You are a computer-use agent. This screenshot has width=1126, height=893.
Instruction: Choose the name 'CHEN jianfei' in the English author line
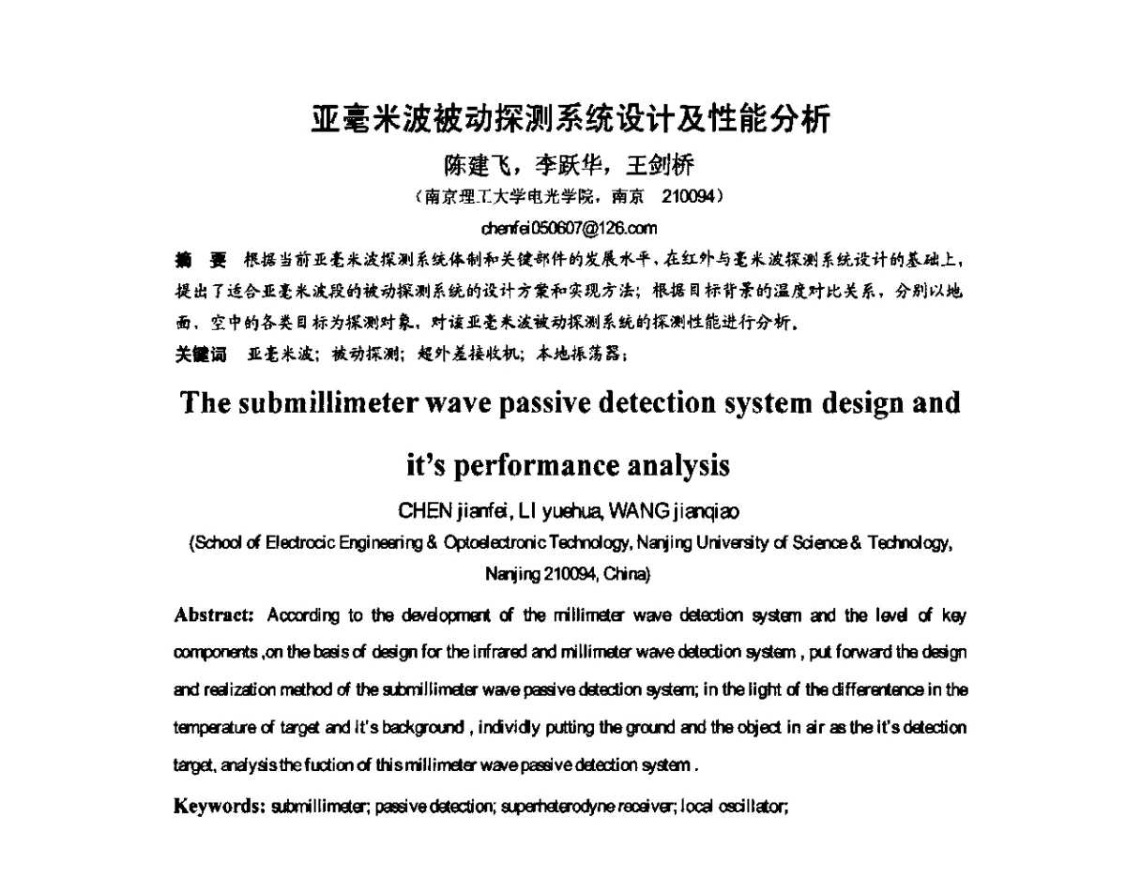tap(453, 510)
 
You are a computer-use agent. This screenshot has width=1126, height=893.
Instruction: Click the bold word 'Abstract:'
tap(215, 615)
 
